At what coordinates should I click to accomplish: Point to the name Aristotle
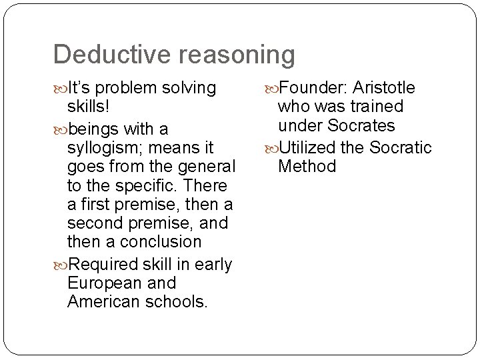(x=385, y=88)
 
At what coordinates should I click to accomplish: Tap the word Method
(x=307, y=165)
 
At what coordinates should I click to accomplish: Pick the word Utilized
(x=311, y=147)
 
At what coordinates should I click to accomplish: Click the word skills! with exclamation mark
(x=89, y=107)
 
